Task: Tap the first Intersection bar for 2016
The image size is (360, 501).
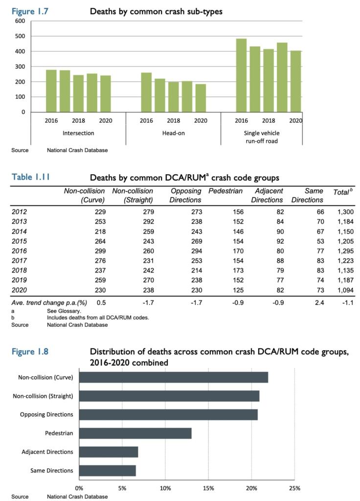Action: click(x=51, y=91)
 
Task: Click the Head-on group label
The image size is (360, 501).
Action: click(x=173, y=133)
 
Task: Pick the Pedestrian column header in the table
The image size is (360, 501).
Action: click(x=225, y=191)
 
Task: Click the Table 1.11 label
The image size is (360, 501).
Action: click(x=31, y=177)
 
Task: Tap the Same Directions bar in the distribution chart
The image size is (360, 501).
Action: click(x=107, y=470)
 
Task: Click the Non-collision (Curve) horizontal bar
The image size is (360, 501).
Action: click(x=173, y=377)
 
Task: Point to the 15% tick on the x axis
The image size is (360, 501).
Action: click(x=208, y=488)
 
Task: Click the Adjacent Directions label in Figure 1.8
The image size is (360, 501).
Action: click(x=47, y=452)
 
